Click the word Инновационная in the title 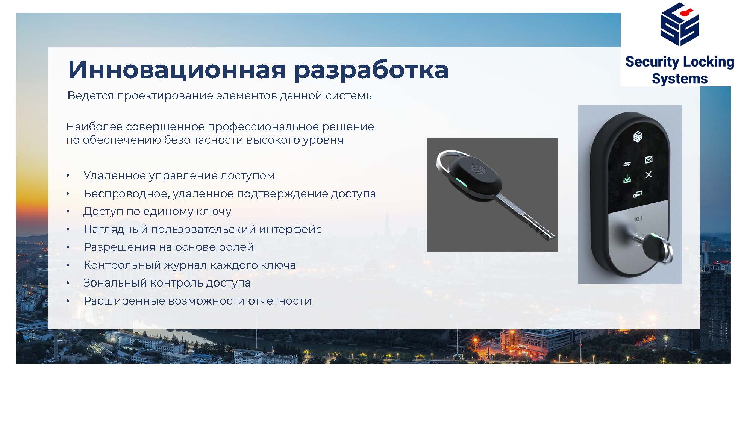[177, 70]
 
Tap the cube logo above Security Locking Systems [679, 24]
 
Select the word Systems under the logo [680, 79]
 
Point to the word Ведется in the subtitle [91, 96]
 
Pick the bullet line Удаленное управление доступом [179, 176]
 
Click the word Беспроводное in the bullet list [126, 194]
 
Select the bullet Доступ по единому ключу [157, 212]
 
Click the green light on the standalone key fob [460, 183]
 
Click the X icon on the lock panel [649, 175]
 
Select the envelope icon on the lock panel [649, 160]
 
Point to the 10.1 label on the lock [638, 219]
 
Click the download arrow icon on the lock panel [627, 179]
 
